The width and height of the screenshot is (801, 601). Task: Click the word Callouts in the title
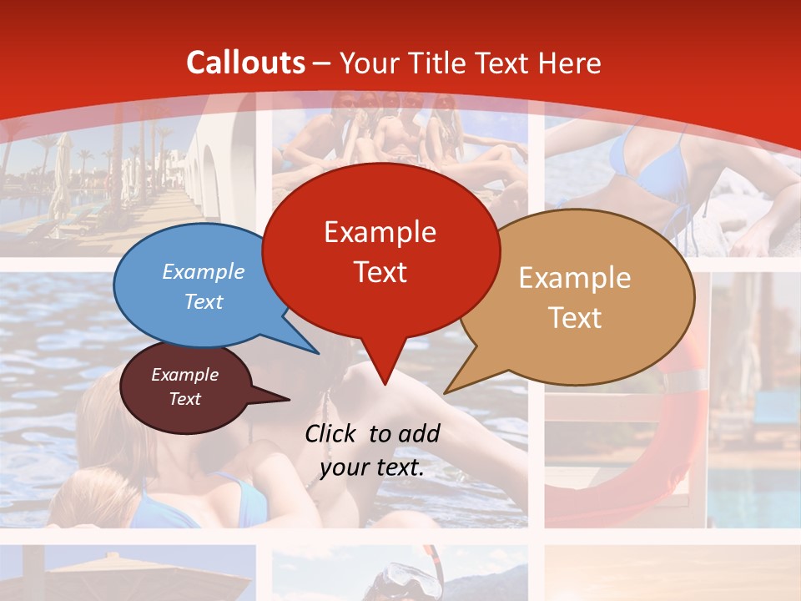point(245,63)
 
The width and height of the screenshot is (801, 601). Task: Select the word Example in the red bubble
point(380,232)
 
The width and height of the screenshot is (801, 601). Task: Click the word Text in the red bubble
point(380,272)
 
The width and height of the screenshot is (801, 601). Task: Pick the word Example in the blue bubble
point(204,271)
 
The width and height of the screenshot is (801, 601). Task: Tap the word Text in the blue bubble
point(204,301)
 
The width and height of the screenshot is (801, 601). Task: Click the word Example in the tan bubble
point(575,278)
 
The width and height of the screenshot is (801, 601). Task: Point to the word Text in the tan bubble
point(575,318)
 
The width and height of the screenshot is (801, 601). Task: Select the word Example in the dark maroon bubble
point(184,375)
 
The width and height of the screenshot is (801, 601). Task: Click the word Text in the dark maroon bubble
point(184,399)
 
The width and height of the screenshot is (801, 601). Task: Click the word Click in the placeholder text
point(332,433)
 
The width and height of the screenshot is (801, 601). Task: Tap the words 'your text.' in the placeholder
point(372,467)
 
